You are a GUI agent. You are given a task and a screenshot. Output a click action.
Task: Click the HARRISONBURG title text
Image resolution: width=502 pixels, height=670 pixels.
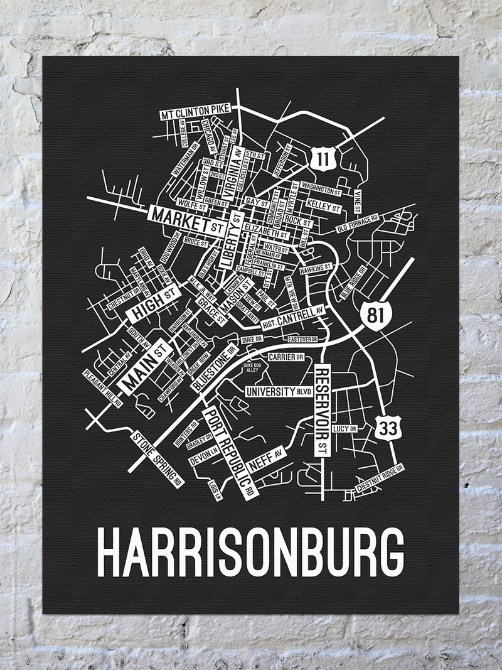251,553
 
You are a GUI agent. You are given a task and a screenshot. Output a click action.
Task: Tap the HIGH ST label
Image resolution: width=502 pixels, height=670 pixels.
153,303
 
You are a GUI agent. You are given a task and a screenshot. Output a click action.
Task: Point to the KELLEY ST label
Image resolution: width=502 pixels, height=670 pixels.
323,206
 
